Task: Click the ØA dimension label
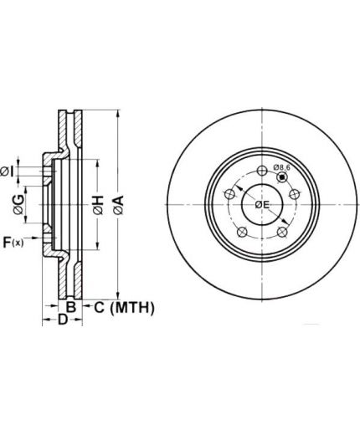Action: coord(119,205)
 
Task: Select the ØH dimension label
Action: coord(98,205)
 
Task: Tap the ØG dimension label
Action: coord(18,205)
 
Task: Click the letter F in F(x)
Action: coord(7,242)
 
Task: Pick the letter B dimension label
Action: coord(71,307)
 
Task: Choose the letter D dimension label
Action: coord(63,320)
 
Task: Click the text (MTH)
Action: coord(132,308)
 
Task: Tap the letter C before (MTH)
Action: coord(99,307)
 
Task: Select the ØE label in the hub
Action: coord(262,205)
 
